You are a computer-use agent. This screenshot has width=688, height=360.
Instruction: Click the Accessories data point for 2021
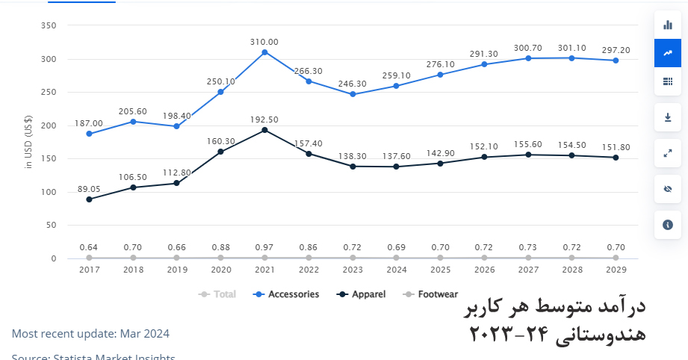coord(264,52)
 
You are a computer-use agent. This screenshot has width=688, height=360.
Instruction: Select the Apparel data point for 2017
coord(89,199)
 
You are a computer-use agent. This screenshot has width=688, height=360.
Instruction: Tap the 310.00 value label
coord(264,42)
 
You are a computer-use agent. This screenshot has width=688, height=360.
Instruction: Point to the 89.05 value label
coord(89,189)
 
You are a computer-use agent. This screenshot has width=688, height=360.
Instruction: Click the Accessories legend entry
coord(287,294)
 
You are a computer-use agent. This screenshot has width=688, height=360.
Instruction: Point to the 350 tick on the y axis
coord(49,26)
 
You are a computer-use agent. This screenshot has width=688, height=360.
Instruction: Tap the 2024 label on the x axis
coord(397,270)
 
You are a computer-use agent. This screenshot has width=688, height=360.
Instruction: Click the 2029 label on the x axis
coord(616,270)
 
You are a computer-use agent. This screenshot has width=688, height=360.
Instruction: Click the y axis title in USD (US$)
coord(28,143)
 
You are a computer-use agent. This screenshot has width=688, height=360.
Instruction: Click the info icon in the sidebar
coord(668,224)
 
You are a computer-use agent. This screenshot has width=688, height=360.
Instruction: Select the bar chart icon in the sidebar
coord(668,25)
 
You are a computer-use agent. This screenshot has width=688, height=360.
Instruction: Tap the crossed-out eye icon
coord(668,189)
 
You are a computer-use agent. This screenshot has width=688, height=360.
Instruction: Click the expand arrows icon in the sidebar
coord(668,153)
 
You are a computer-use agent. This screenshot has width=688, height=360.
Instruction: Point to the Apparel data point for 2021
coord(264,130)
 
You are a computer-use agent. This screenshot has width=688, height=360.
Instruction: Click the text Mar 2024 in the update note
coord(148,333)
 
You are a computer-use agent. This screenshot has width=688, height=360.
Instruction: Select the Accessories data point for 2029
coord(616,60)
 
